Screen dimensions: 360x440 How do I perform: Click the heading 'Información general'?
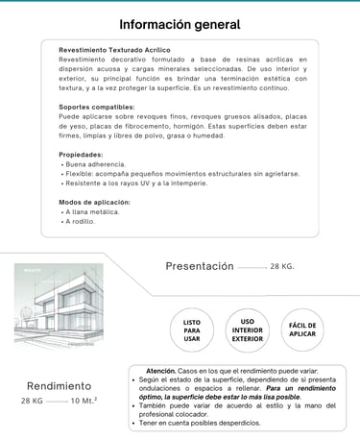(180, 24)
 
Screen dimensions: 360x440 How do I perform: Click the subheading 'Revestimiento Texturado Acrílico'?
(115, 49)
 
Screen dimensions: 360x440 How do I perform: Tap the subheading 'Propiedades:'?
(81, 154)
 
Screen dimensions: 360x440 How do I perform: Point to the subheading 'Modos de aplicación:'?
(94, 202)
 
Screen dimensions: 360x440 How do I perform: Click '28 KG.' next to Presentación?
(282, 266)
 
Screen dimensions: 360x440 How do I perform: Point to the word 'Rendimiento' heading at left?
(59, 385)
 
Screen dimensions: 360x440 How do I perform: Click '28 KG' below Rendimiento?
(32, 401)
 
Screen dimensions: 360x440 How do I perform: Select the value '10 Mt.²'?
(84, 401)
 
